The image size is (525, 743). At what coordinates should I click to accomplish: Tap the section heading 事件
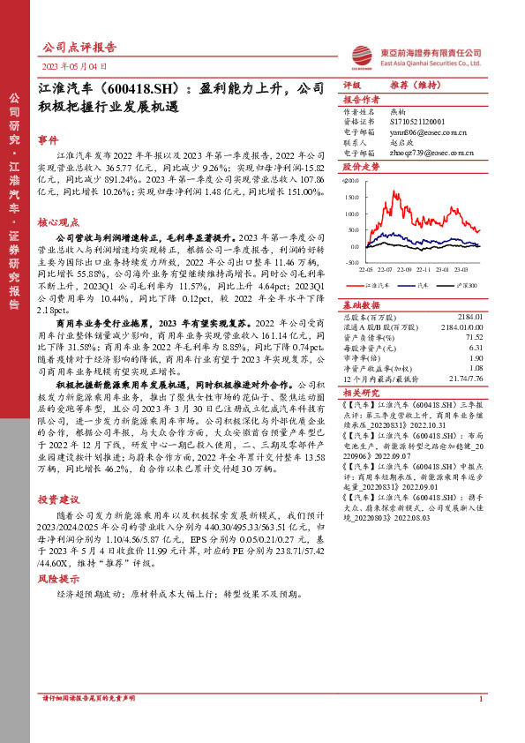coord(49,139)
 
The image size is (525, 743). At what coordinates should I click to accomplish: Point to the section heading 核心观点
coord(59,223)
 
